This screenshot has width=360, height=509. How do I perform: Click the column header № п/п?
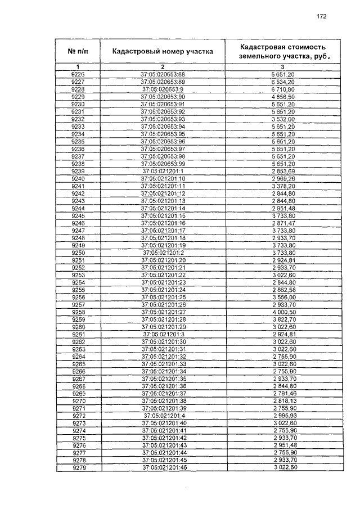78,51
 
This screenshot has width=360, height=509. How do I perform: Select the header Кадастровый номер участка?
163,51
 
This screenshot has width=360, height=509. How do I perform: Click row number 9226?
78,74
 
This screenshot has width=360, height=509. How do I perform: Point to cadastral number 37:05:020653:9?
163,89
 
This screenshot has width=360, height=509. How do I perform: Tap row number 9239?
78,171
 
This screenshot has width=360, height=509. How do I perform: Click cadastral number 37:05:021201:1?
163,171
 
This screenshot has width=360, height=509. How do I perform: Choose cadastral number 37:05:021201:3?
163,334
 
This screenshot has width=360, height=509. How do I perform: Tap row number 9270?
78,401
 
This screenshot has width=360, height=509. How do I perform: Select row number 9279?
78,468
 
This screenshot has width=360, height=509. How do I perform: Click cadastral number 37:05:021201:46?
163,468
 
